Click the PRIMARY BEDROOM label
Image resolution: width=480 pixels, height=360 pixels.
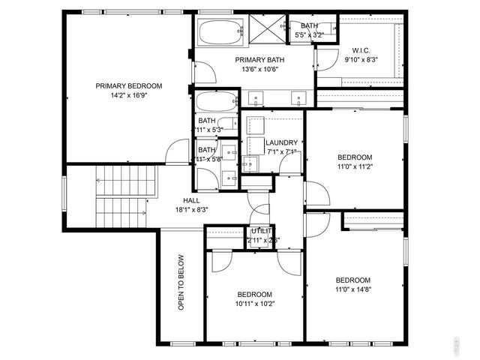point(129,85)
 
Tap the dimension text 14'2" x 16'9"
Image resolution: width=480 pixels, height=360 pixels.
point(129,96)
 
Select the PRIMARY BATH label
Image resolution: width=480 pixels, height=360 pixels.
point(259,60)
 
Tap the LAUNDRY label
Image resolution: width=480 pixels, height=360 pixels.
point(282,142)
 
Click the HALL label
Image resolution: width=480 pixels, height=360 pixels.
point(191,200)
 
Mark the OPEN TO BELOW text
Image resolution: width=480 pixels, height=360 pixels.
point(181,283)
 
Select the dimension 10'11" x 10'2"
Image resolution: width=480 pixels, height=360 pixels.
point(255,304)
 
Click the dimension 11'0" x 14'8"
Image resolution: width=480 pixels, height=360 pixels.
point(353,289)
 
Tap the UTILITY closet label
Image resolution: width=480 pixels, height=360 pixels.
point(263,231)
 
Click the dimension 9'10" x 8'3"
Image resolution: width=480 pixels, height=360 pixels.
point(361,59)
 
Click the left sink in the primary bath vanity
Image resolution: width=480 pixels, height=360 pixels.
point(257,97)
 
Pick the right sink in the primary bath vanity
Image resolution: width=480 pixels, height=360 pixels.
point(299,97)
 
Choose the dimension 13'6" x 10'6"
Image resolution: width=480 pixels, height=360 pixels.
point(259,70)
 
